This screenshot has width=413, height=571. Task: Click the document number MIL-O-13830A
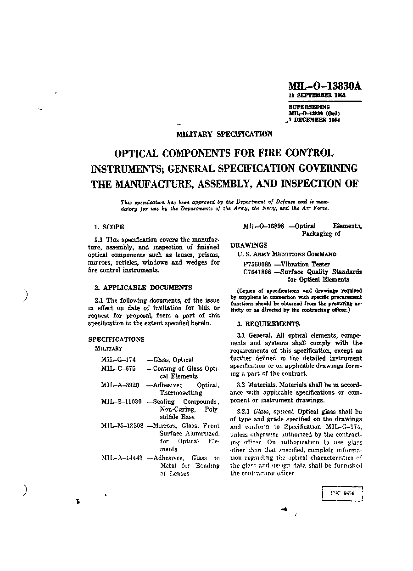tap(324, 86)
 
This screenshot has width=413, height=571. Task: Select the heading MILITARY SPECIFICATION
tap(224, 134)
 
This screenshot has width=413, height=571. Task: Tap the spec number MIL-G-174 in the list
tap(118, 360)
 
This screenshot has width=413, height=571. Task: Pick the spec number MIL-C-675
tap(118, 368)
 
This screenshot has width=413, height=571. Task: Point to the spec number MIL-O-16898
tap(264, 226)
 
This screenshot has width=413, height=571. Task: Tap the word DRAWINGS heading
tap(249, 245)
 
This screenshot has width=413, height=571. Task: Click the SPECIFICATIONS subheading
tap(116, 339)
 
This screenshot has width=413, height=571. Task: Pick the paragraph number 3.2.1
tap(244, 412)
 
